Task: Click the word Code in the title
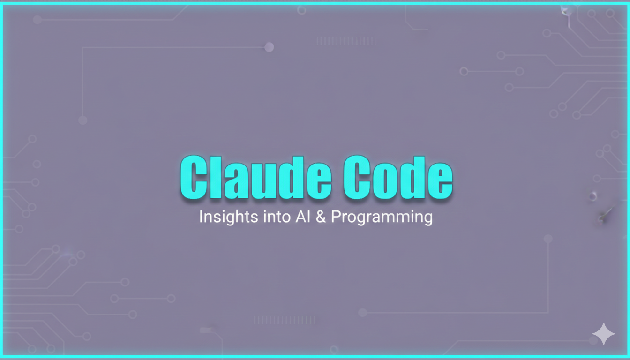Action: click(397, 178)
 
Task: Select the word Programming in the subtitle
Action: click(382, 218)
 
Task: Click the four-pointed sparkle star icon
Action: click(603, 334)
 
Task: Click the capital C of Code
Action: click(358, 178)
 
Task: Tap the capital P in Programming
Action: click(335, 217)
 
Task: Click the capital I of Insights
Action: click(201, 217)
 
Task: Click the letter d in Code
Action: click(412, 178)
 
